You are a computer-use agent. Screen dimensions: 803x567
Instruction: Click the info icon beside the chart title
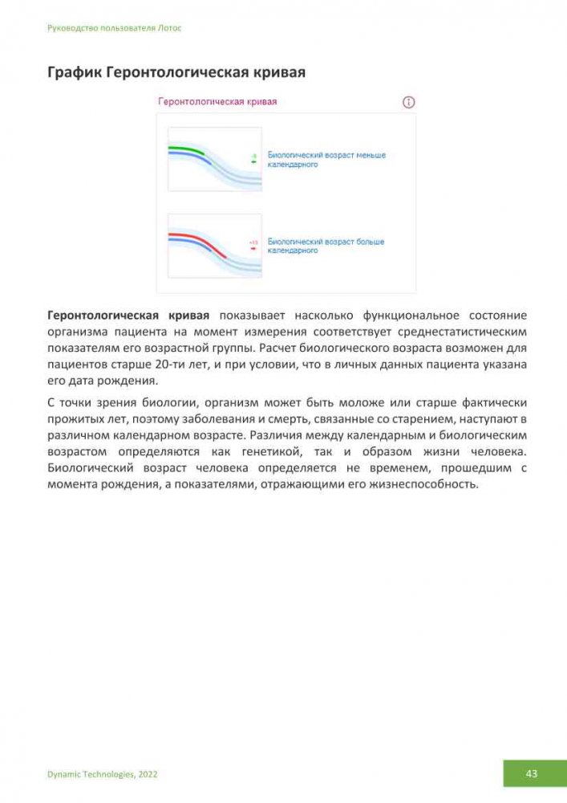point(408,103)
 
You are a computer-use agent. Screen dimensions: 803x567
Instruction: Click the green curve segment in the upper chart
point(185,149)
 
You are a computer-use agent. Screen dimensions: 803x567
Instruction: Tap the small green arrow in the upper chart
point(253,161)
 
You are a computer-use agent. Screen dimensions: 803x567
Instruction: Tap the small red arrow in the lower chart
point(253,249)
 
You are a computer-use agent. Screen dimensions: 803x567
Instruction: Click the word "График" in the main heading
point(73,73)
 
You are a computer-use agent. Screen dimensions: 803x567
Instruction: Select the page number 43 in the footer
point(531,773)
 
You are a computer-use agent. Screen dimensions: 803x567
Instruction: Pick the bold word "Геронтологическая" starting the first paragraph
point(106,315)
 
